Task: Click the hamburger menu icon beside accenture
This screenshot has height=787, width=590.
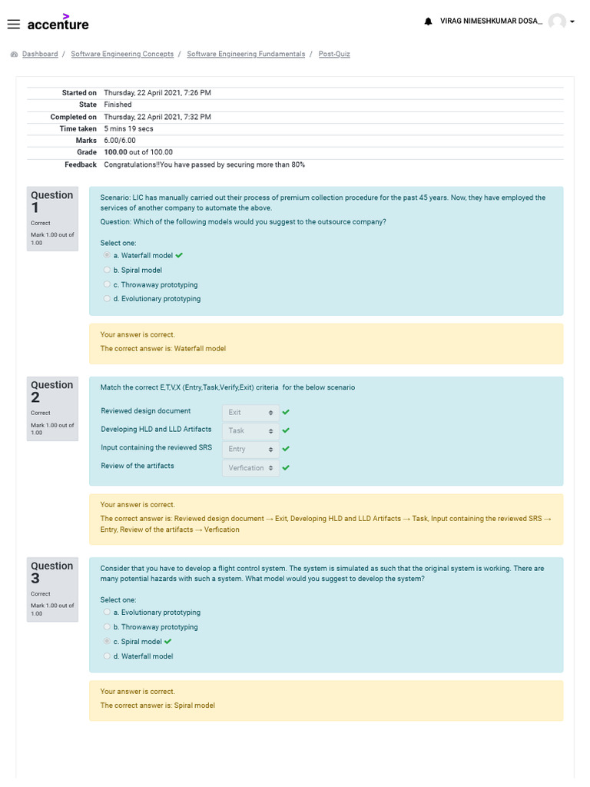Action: (x=13, y=24)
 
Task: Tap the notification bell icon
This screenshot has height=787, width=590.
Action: (x=428, y=22)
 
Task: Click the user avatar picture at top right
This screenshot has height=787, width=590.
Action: (x=557, y=22)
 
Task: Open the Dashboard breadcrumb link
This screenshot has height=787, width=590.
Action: (x=40, y=54)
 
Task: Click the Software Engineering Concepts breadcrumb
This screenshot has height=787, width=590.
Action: (x=121, y=54)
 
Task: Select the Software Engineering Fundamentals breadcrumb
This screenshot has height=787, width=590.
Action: (x=246, y=54)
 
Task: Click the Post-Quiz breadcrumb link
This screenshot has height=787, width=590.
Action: (x=334, y=54)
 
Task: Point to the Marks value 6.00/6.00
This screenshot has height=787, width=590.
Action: (x=120, y=141)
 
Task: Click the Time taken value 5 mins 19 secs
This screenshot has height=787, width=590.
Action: (x=128, y=128)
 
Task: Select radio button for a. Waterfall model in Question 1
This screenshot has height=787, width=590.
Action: (x=107, y=255)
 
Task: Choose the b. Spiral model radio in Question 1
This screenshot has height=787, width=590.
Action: (x=107, y=270)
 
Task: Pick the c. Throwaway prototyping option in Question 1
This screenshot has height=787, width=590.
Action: (x=107, y=284)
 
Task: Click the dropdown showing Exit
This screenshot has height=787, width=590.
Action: (x=250, y=413)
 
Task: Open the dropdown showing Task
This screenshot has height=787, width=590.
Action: (x=250, y=431)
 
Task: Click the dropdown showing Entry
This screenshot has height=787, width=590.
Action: (x=250, y=449)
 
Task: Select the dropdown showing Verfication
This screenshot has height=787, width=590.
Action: (x=250, y=468)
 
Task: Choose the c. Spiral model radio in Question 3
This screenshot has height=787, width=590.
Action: (x=107, y=642)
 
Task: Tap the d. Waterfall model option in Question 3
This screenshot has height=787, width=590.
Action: (x=107, y=656)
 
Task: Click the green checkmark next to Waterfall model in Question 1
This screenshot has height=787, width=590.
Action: (x=179, y=255)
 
